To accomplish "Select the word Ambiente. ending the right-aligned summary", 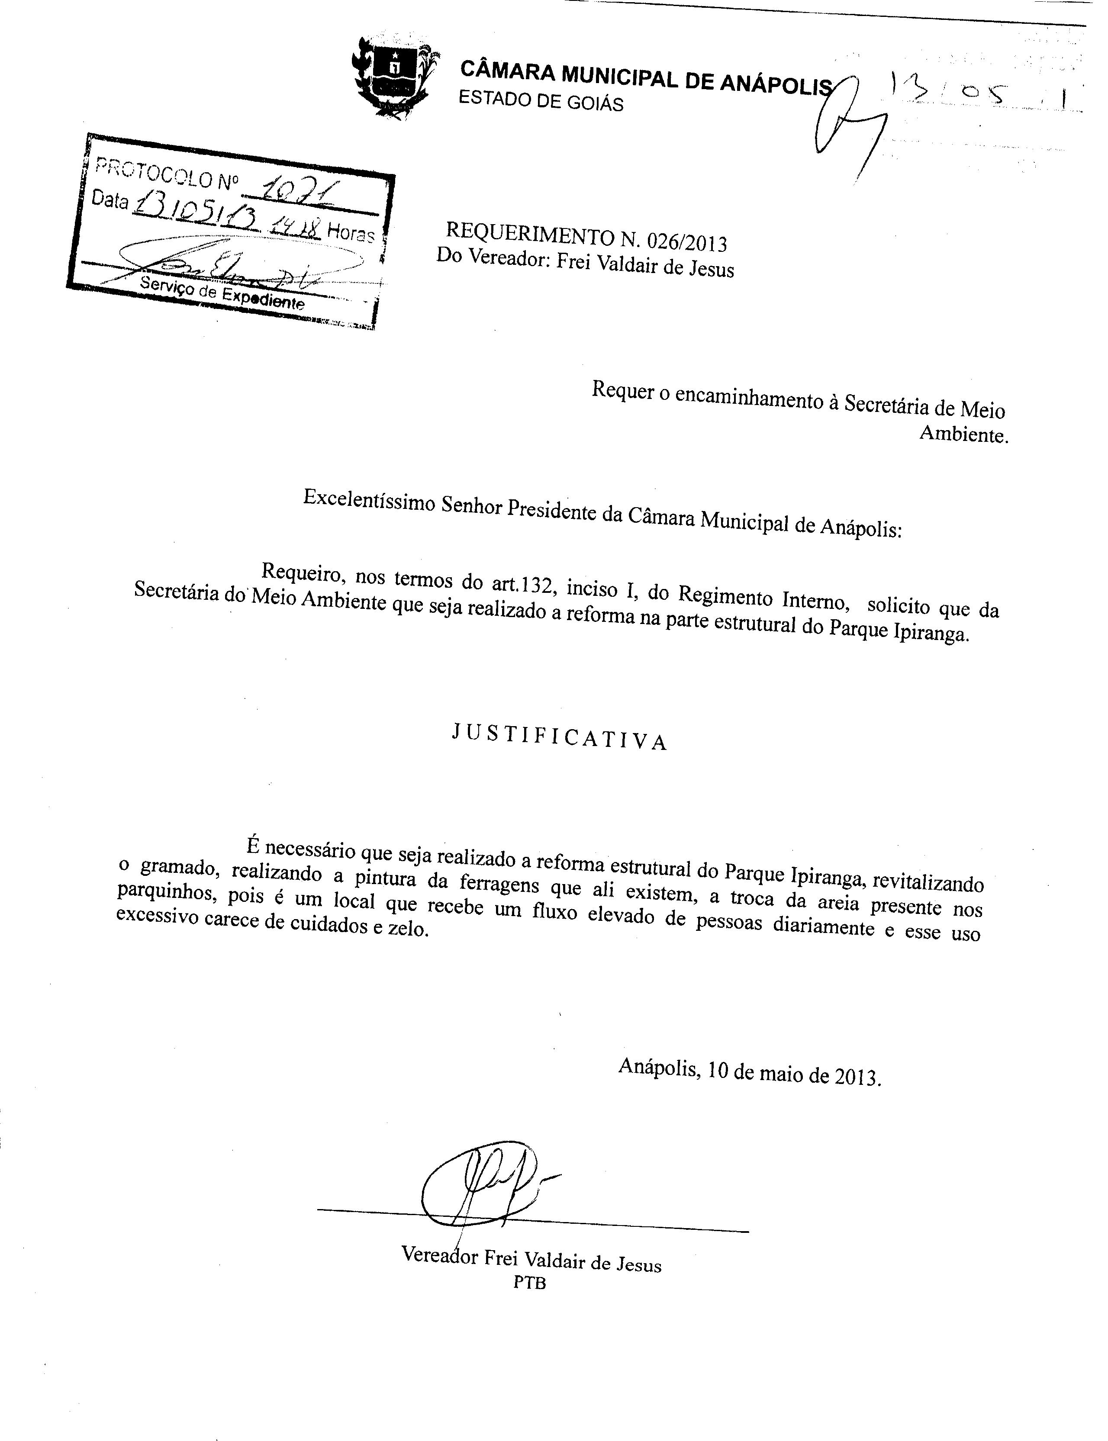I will (963, 434).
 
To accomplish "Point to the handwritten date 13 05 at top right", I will (950, 92).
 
